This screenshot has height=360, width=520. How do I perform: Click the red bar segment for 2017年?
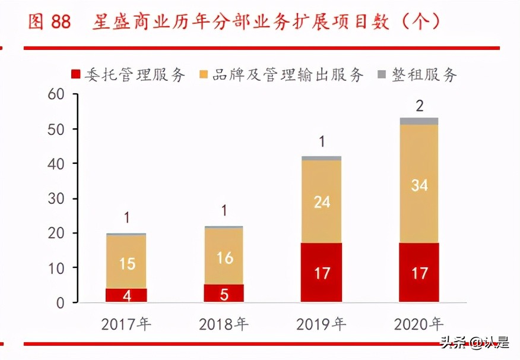[126, 295]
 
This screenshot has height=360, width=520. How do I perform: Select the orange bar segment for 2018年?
[224, 256]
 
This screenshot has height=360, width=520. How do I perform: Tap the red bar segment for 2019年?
[321, 272]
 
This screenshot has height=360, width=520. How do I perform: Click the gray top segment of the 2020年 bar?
[419, 121]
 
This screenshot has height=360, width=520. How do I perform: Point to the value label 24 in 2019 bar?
[322, 202]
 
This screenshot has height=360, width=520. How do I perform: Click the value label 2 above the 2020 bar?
[420, 106]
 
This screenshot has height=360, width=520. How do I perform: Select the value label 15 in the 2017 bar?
[126, 263]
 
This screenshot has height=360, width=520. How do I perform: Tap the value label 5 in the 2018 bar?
[224, 294]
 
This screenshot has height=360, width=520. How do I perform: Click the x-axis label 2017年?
[126, 324]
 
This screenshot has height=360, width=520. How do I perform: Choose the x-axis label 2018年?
[224, 324]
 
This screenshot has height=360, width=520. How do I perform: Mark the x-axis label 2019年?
[321, 324]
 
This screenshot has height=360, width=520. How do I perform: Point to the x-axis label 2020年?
[419, 324]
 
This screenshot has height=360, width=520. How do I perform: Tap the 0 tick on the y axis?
[59, 303]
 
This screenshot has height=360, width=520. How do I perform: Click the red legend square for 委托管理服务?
[76, 75]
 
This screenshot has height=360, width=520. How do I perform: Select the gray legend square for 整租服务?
[381, 75]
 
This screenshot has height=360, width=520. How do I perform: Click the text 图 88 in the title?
[49, 22]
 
